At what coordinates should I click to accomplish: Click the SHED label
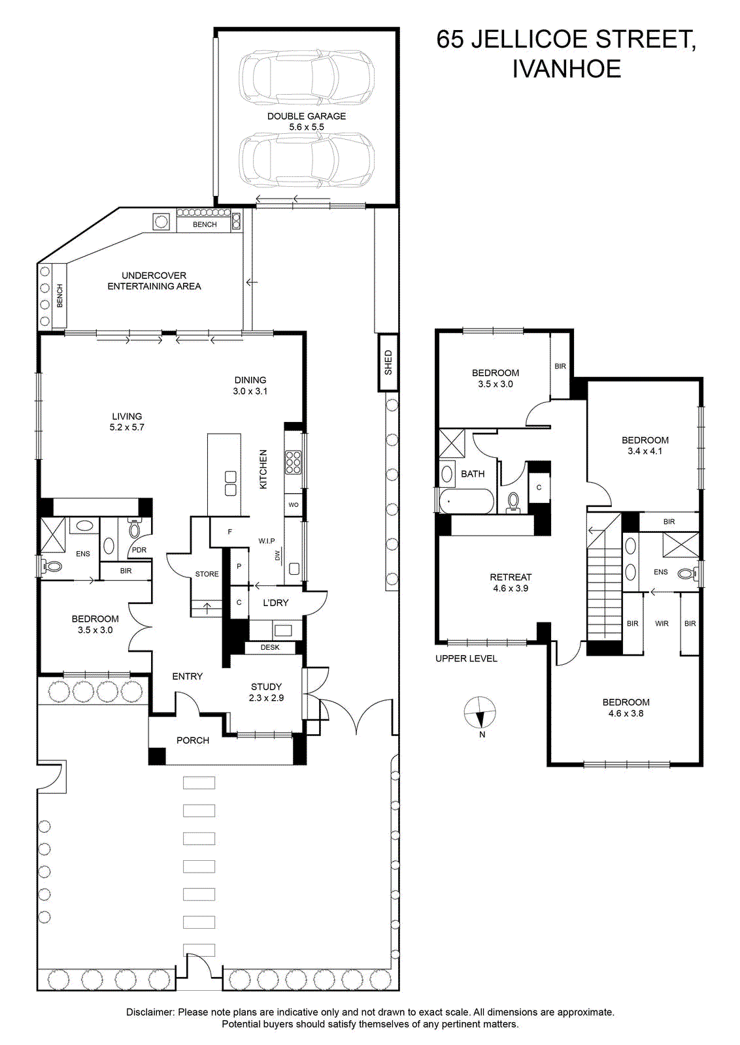(388, 362)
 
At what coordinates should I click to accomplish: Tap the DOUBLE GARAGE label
(307, 116)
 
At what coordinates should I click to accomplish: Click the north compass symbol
(480, 713)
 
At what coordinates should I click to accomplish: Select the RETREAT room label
(511, 577)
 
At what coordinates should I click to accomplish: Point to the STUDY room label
(266, 686)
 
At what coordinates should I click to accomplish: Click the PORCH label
(193, 741)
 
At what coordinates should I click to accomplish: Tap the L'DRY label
(275, 603)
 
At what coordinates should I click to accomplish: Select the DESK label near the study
(270, 647)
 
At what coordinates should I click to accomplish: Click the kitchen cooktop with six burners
(293, 462)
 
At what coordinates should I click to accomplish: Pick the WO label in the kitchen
(294, 505)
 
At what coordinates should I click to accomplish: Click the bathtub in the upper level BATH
(466, 501)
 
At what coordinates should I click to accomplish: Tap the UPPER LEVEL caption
(466, 659)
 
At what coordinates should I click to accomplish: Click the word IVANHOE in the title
(567, 69)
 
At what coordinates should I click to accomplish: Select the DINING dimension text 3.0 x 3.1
(250, 391)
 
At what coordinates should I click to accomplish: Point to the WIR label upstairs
(662, 624)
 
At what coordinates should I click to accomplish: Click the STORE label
(207, 574)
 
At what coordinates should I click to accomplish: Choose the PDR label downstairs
(139, 550)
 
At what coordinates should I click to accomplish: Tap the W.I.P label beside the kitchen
(267, 541)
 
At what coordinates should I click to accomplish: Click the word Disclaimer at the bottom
(150, 1012)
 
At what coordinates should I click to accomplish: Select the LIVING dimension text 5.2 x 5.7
(127, 427)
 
